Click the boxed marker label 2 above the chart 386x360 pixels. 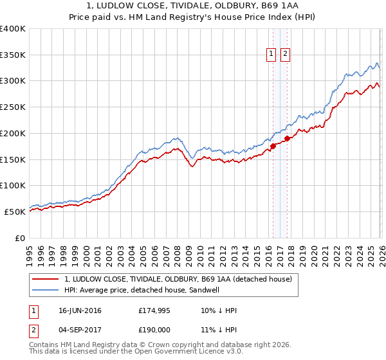coord(285,55)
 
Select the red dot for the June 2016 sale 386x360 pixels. coord(273,146)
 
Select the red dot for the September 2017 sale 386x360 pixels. coord(287,138)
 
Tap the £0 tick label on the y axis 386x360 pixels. coord(19,238)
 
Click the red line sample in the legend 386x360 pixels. coord(46,279)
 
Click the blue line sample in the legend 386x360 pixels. coord(46,290)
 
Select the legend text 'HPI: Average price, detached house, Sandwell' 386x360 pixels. coord(151,290)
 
